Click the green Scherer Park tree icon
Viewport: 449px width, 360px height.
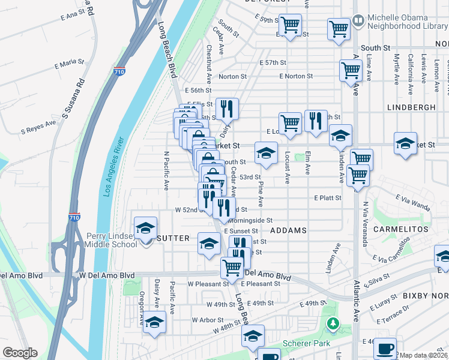(333, 324)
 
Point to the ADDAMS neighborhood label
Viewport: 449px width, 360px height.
(288, 230)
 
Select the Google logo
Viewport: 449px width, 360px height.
(20, 353)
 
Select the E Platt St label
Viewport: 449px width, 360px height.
(327, 197)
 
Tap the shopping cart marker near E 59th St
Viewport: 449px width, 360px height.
(290, 26)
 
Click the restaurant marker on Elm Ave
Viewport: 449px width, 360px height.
(315, 121)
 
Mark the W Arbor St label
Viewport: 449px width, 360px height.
(205, 320)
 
